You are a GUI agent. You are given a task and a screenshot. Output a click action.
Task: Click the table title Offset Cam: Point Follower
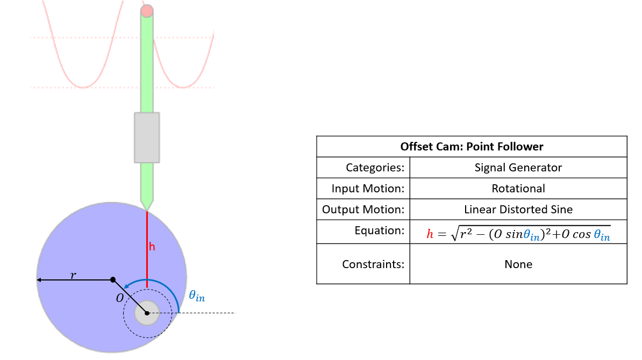tap(472, 146)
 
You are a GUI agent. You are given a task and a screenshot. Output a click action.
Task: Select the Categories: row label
tap(375, 168)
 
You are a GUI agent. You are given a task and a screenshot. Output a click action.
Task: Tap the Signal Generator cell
tap(518, 168)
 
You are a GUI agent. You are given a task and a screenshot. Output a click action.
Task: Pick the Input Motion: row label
tap(368, 189)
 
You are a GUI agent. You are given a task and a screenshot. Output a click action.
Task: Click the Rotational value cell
tap(518, 189)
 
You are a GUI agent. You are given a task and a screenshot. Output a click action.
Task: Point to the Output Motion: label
tap(363, 210)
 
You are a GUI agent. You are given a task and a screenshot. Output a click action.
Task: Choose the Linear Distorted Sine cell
tap(518, 210)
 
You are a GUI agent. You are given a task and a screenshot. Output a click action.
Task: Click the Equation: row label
tap(379, 231)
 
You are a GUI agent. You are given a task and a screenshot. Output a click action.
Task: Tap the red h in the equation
tap(430, 234)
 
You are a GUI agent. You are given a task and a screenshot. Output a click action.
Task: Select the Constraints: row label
tap(373, 264)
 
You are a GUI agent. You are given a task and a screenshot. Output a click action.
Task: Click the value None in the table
tap(518, 264)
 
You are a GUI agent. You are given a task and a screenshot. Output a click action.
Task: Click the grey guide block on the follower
tap(147, 137)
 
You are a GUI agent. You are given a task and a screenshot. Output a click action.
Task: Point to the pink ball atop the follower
tap(147, 11)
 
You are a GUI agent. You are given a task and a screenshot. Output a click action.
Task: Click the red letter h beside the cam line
tap(152, 247)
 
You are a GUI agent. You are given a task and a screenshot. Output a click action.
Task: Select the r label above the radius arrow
tap(73, 275)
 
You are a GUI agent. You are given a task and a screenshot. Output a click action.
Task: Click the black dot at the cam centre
tap(112, 279)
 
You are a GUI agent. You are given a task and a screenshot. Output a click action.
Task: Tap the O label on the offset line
tap(120, 298)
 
